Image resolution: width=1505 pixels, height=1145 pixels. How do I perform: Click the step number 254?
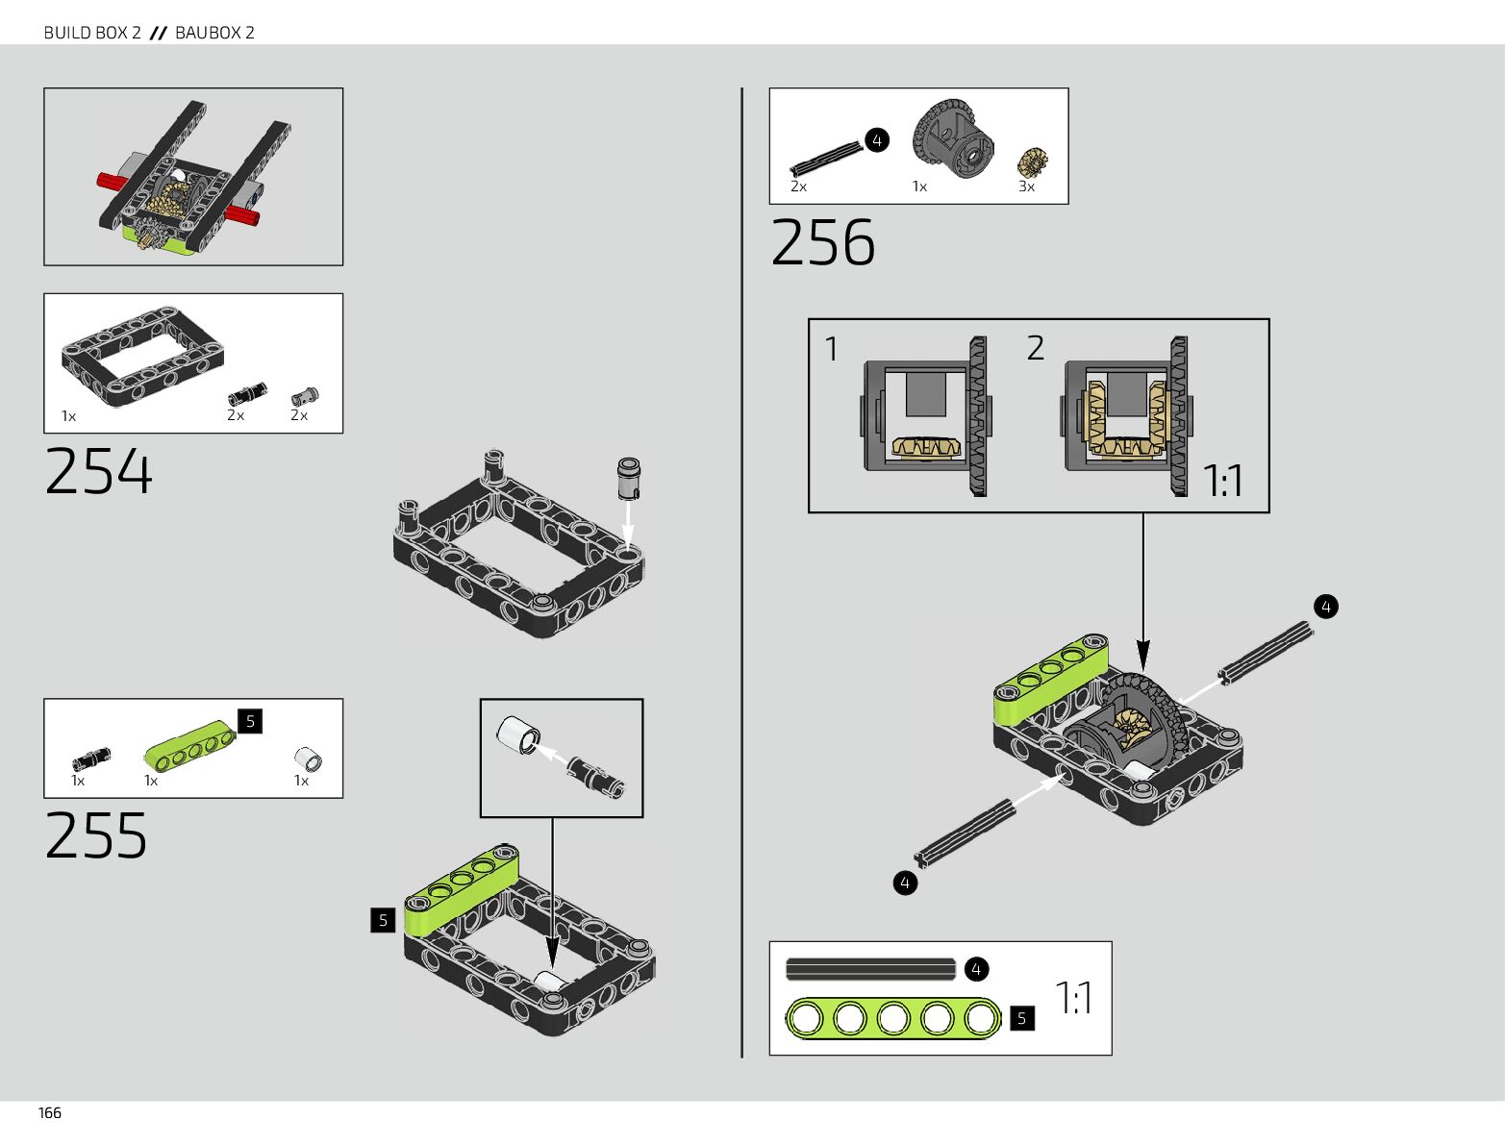click(x=98, y=471)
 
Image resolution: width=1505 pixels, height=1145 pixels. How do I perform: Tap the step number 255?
click(x=96, y=834)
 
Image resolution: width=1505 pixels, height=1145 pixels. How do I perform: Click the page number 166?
click(x=50, y=1112)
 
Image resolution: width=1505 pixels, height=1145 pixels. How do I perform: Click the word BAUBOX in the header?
click(x=208, y=33)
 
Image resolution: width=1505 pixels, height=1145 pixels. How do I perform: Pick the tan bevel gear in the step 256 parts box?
click(x=1032, y=162)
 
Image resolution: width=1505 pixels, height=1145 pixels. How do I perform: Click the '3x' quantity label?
click(x=1026, y=187)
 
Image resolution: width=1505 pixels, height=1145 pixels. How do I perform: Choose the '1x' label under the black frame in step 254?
click(x=68, y=416)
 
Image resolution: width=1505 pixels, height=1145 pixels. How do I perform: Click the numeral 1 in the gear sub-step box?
click(x=832, y=348)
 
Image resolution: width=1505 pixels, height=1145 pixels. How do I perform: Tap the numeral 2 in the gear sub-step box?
click(x=1035, y=347)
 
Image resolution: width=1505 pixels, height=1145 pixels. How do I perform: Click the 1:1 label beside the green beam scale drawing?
click(x=1073, y=998)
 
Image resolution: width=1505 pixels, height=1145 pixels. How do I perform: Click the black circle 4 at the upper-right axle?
click(x=1325, y=607)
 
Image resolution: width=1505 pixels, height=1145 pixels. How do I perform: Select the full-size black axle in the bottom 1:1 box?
click(x=870, y=969)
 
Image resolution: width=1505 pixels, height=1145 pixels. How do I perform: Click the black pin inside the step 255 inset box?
click(x=596, y=777)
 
